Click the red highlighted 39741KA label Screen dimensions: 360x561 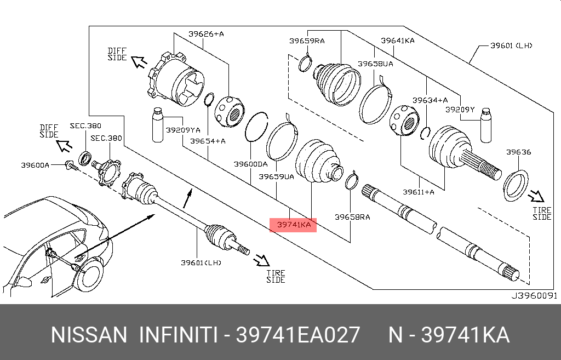coord(294,224)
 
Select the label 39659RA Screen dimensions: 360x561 coord(307,40)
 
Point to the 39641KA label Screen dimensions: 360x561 coord(397,40)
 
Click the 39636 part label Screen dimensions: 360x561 coord(518,152)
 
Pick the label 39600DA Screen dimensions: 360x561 coord(250,163)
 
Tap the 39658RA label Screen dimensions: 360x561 coord(352,217)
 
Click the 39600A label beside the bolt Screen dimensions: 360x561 coord(35,164)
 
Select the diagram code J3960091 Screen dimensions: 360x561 coord(534,295)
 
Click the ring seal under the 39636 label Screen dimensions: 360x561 coord(515,185)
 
